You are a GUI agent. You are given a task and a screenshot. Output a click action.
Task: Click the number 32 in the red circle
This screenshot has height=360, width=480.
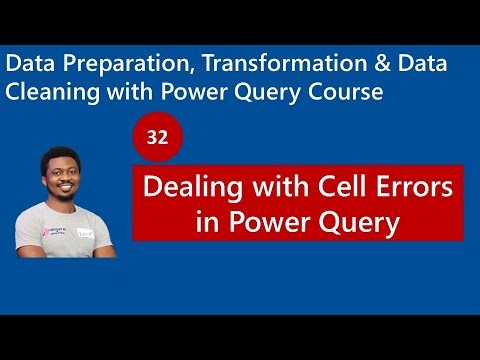tap(157, 139)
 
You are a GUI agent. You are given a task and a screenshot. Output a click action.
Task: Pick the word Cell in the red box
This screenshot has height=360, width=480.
tap(341, 187)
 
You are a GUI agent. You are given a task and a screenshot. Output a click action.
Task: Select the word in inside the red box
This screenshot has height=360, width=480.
tap(208, 222)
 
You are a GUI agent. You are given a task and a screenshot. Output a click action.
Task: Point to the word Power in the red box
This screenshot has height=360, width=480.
tap(269, 222)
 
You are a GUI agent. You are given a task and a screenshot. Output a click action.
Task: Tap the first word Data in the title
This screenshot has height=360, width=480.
tap(26, 62)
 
